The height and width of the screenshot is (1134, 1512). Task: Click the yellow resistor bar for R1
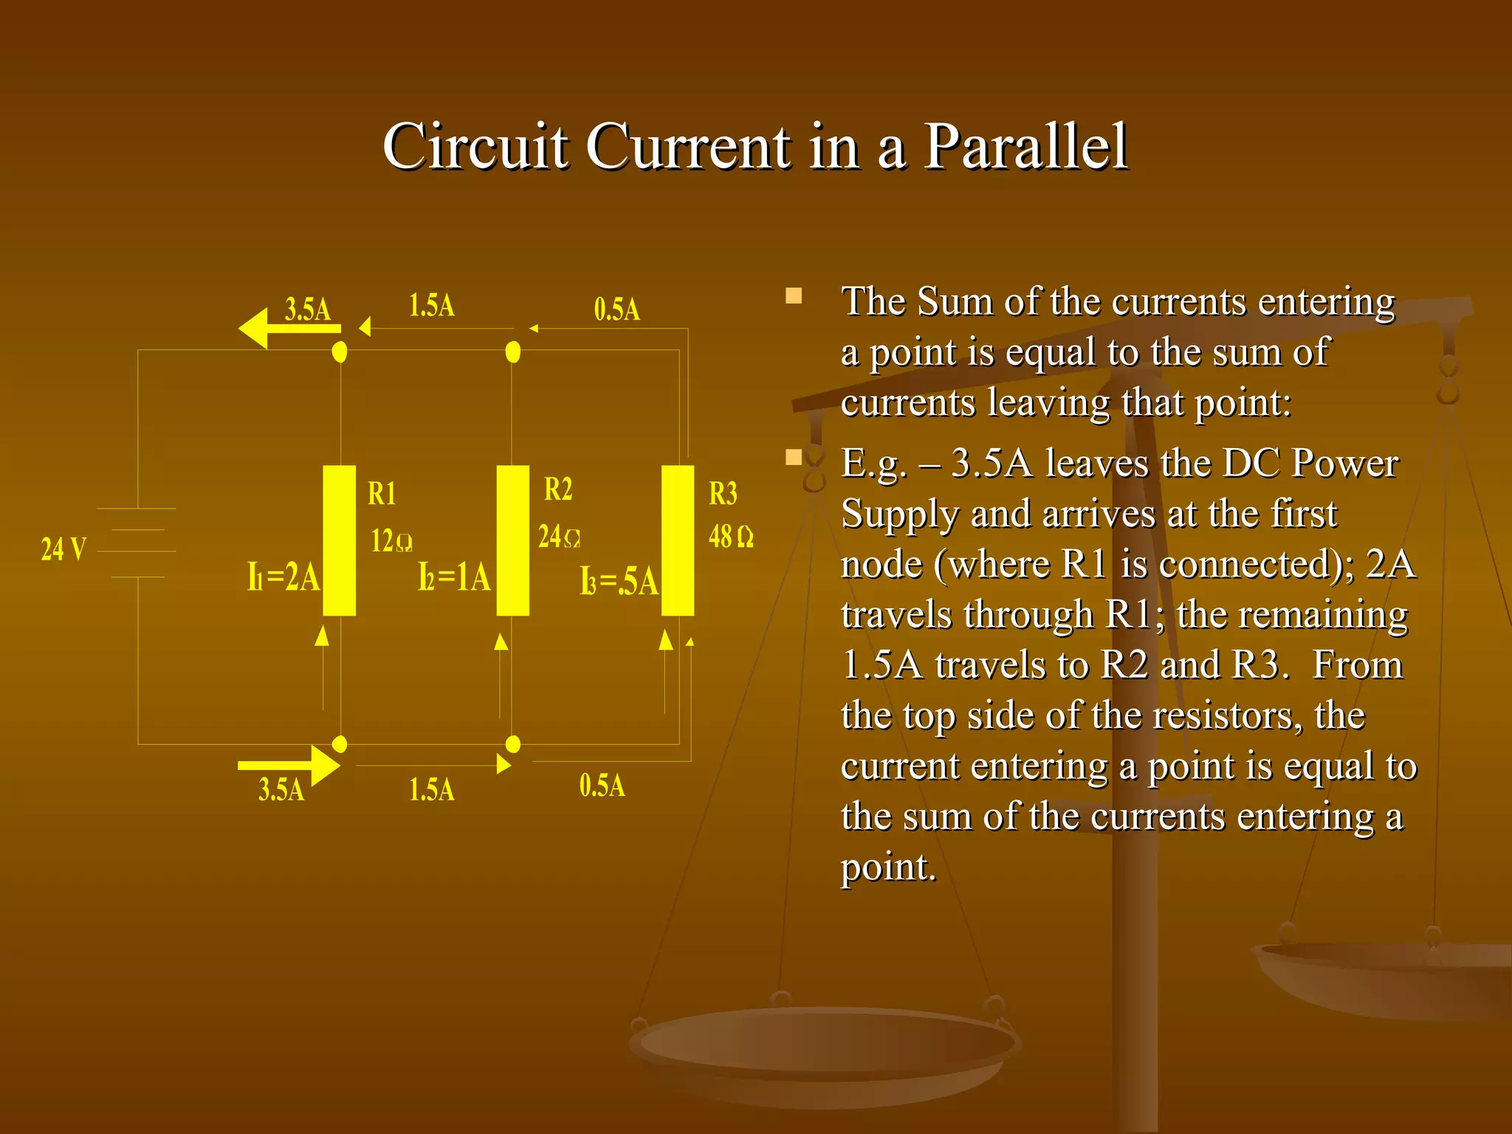pos(339,540)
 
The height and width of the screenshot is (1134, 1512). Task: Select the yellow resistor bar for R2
pos(512,540)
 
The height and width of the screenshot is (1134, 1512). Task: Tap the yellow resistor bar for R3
pos(677,540)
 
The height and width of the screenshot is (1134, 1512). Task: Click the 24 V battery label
pos(63,549)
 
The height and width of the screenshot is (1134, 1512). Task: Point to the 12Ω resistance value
pos(391,541)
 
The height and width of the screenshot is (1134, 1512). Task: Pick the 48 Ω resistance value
pos(731,537)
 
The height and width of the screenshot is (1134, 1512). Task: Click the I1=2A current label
pos(283,577)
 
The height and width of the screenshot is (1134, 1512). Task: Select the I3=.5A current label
pos(619,582)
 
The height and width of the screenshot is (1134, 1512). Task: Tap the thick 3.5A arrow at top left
pos(288,329)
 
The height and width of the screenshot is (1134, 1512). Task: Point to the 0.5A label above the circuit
pos(616,309)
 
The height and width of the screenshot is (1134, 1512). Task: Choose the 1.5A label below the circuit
pos(432,790)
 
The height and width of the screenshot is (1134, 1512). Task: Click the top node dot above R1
pos(340,352)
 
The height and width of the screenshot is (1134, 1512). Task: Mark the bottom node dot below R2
pos(512,744)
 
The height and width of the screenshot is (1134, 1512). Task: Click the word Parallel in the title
pos(1025,146)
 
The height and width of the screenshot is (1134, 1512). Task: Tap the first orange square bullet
pos(794,297)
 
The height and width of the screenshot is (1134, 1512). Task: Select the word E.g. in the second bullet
pos(873,464)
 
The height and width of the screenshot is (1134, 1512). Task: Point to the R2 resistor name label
pos(557,489)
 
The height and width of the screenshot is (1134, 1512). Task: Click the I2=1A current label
pos(454,577)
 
